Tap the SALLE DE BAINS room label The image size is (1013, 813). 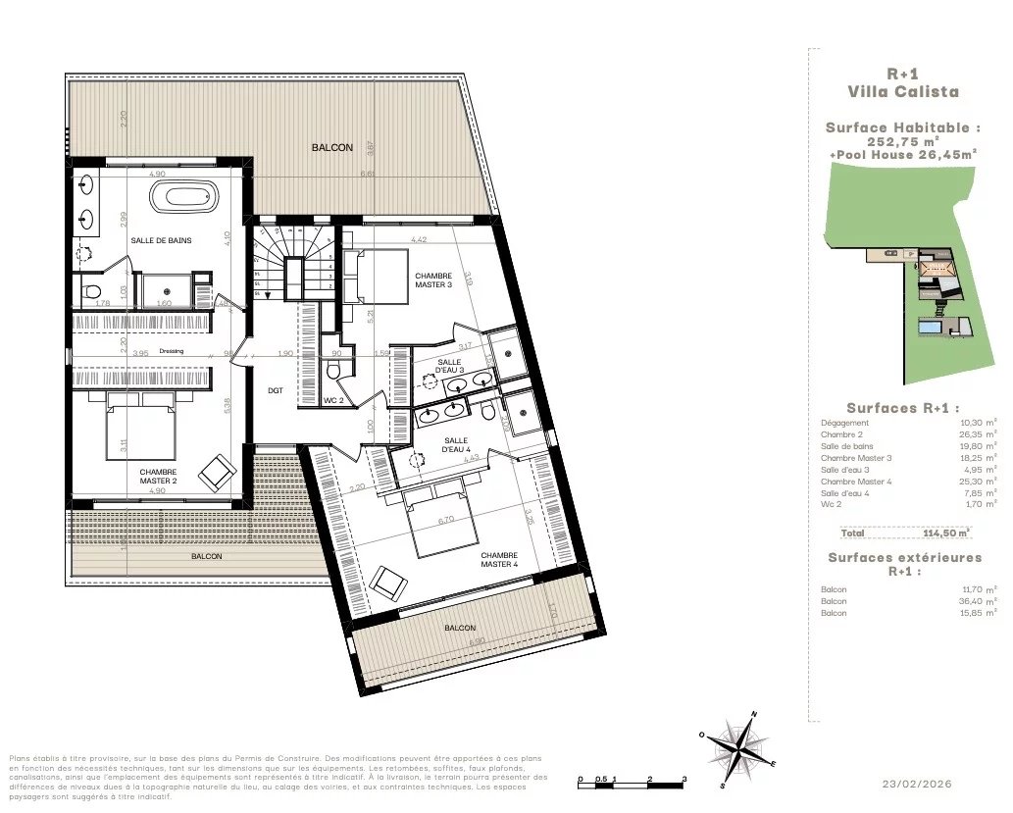[161, 240]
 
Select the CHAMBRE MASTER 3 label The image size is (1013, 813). [433, 280]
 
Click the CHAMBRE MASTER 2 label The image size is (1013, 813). [158, 477]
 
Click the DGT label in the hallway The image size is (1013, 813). [276, 389]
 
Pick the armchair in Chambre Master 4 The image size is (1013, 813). [388, 584]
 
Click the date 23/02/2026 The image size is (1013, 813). [917, 784]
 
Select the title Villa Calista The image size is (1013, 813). [903, 92]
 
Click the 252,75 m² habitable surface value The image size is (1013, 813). [902, 140]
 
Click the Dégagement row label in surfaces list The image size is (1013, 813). [843, 423]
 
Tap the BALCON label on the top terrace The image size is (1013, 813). [332, 147]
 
